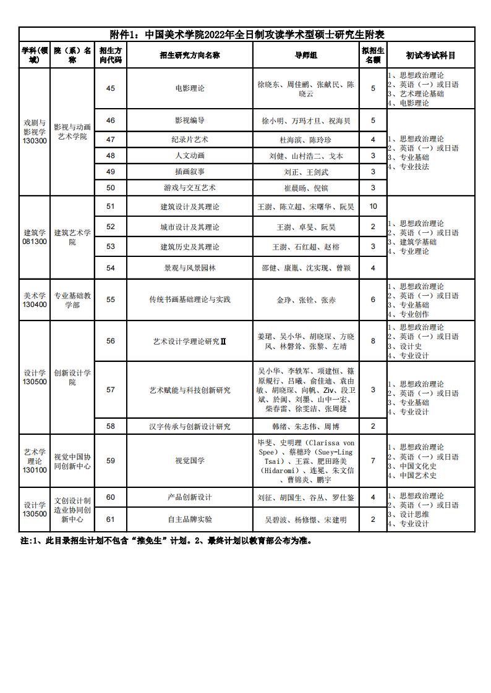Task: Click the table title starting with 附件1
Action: (247, 35)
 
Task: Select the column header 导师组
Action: (306, 55)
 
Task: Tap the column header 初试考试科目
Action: (430, 55)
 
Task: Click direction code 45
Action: (111, 88)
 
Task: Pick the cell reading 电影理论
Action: (189, 88)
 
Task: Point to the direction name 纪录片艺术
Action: (189, 140)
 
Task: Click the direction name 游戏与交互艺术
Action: (189, 187)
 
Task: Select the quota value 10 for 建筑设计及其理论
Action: (373, 206)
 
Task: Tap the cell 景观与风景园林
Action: (189, 268)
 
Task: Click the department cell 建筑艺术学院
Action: (72, 237)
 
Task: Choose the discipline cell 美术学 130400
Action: (35, 300)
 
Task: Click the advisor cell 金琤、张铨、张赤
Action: (306, 300)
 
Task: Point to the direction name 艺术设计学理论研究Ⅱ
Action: (189, 341)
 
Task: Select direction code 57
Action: (111, 390)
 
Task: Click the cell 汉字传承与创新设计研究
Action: (189, 426)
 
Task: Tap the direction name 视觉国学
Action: (189, 461)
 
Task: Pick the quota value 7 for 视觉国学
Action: (373, 461)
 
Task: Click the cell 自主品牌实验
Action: (189, 519)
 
